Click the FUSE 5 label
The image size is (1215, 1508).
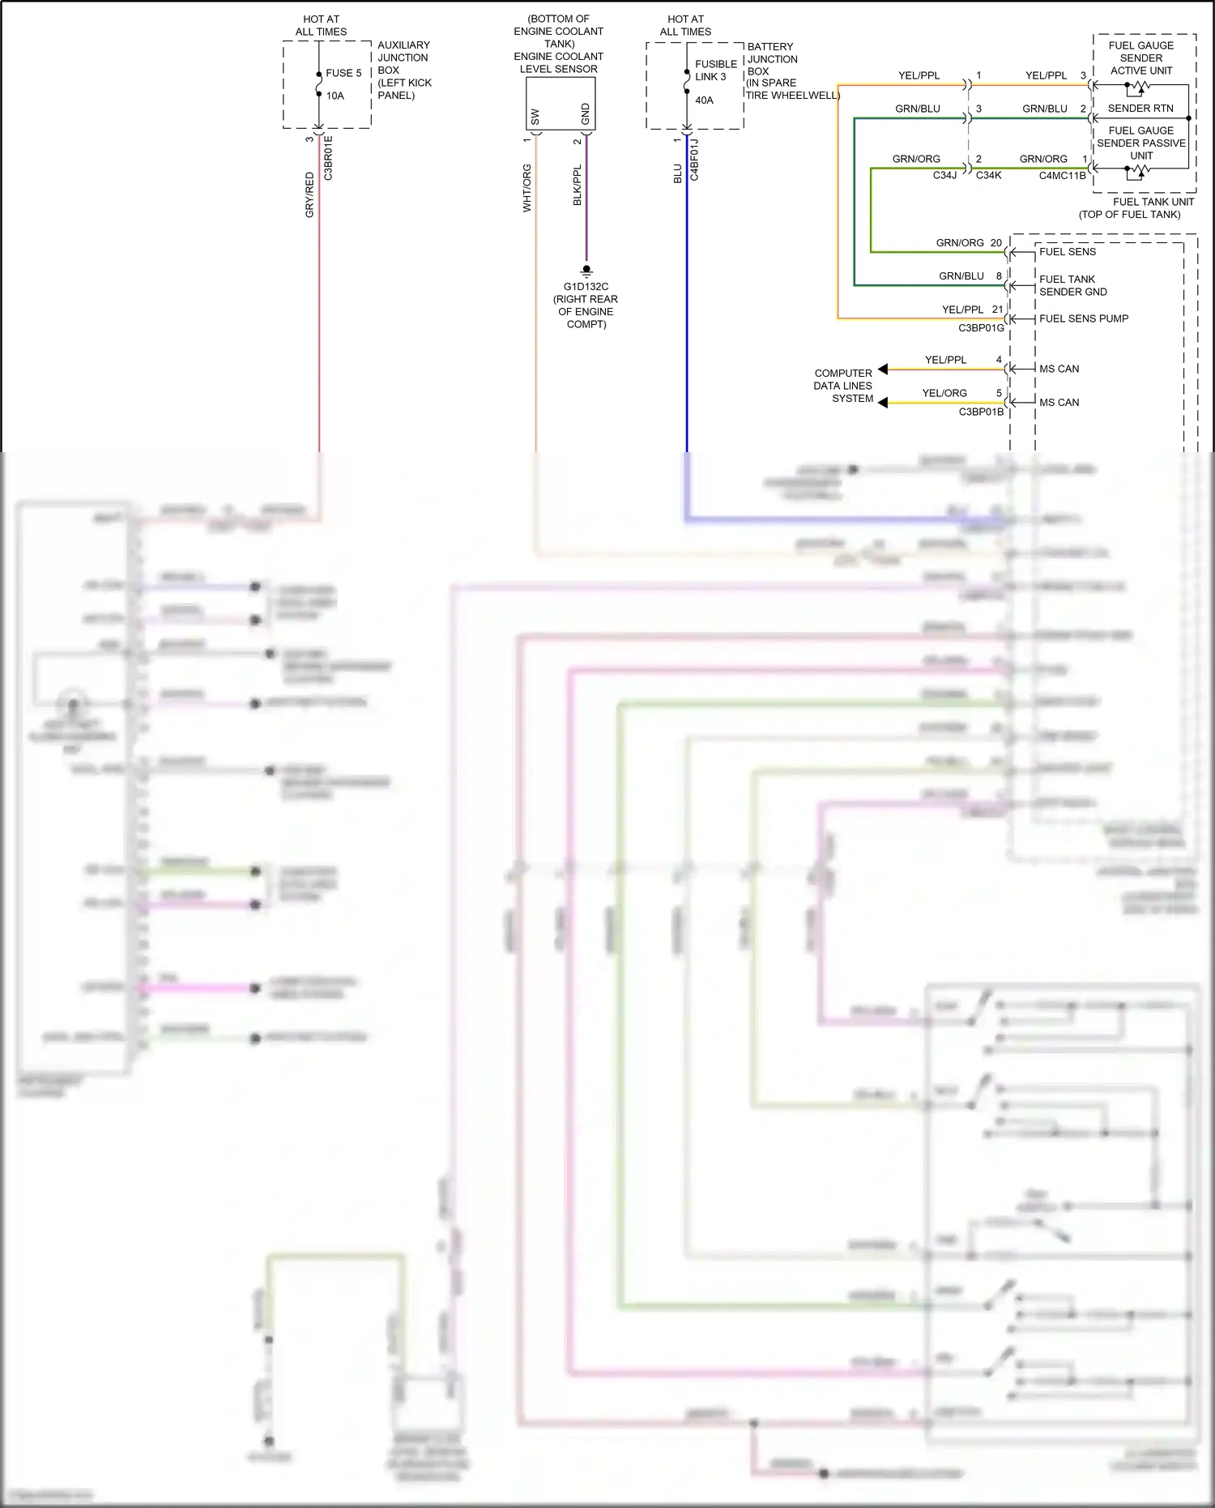pos(343,73)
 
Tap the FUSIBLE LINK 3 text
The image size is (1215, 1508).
pos(716,70)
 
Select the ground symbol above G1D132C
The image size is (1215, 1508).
pos(586,271)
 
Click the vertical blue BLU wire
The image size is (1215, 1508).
pos(687,324)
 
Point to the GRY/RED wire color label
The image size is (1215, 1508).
pos(309,194)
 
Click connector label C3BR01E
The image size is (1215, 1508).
pos(328,158)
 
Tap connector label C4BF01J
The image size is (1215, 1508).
pos(694,160)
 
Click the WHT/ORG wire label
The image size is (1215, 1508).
pos(527,188)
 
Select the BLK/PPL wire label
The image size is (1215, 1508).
pos(578,186)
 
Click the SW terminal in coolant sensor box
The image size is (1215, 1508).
pos(535,117)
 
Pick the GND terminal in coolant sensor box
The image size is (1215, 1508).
pos(586,114)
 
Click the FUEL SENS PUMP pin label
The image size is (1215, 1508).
pos(1083,318)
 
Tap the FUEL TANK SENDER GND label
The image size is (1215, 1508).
pos(1072,285)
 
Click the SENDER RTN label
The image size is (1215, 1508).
pos(1140,109)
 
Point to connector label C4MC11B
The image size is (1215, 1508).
pos(1062,175)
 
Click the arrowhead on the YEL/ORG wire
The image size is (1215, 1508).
pos(883,403)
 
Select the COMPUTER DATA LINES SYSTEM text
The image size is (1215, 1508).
pos(843,386)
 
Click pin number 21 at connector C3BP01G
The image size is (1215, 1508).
pos(997,310)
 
